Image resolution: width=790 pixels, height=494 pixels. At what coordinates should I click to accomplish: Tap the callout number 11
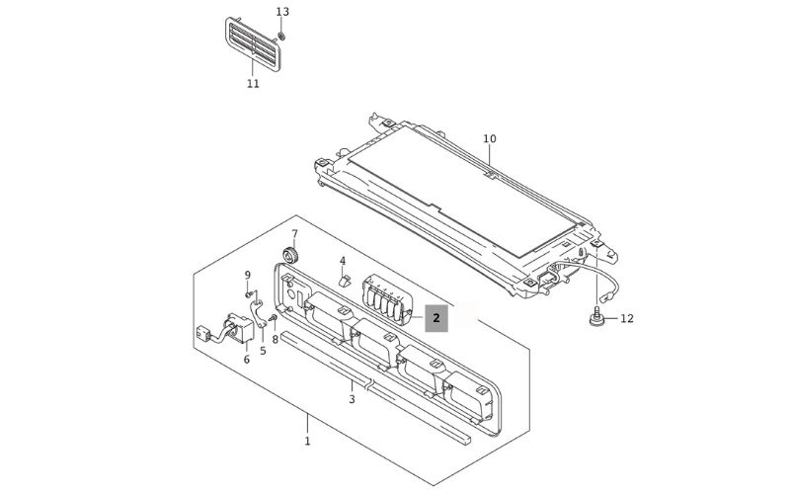tap(253, 84)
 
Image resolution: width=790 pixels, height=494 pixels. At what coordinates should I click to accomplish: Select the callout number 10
tap(490, 138)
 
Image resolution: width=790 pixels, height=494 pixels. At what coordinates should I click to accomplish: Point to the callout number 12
tap(627, 318)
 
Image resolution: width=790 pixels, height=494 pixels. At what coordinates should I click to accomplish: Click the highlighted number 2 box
tap(436, 318)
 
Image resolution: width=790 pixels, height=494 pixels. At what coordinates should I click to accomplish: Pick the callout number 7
tap(293, 234)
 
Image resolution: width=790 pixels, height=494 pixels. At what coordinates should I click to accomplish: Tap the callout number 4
tap(343, 262)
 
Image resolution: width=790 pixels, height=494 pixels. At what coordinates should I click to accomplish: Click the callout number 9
tap(248, 275)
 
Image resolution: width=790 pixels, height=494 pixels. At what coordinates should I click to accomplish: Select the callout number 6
tap(247, 359)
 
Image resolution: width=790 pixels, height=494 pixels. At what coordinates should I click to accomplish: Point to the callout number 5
tap(263, 350)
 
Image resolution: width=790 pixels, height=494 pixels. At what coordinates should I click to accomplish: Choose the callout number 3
tap(352, 399)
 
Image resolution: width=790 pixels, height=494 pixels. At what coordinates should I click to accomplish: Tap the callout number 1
tap(307, 441)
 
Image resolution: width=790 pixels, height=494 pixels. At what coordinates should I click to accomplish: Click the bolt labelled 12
tap(598, 318)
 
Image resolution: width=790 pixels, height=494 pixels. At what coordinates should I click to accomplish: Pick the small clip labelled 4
tap(344, 280)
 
